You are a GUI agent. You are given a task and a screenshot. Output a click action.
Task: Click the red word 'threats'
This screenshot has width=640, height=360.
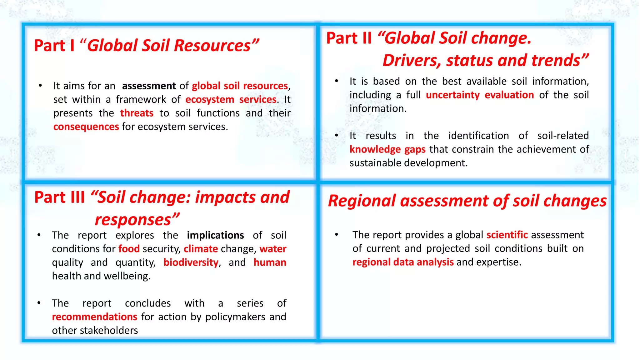[x=137, y=113]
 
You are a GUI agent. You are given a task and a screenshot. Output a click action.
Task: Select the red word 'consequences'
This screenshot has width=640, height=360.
[x=86, y=127]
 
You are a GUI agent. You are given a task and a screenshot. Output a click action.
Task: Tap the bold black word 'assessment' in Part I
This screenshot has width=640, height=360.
[x=149, y=86]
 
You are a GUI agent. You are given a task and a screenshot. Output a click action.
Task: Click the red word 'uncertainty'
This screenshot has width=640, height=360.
[x=452, y=95]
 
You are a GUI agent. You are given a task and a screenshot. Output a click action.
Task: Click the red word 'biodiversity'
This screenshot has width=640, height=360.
[x=191, y=262]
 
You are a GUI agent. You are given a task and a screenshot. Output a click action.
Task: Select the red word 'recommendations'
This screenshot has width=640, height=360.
[x=94, y=317]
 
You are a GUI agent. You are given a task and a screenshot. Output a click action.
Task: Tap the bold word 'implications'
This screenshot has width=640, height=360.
[x=215, y=235]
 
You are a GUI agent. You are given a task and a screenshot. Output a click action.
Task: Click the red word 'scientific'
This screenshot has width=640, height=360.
[x=507, y=235]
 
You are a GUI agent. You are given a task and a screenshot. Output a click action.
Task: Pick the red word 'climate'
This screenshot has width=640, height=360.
[x=201, y=249]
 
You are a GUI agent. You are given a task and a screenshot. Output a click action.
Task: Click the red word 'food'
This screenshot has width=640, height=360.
[x=129, y=249]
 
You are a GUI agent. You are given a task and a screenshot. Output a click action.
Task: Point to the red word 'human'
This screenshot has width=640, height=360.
[x=270, y=262]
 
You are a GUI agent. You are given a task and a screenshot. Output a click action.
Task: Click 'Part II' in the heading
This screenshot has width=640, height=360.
[x=349, y=38]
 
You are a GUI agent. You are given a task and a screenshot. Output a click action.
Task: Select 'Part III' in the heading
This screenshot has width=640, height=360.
[x=59, y=197]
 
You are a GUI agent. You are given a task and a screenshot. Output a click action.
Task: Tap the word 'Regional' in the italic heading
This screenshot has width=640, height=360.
[x=362, y=201]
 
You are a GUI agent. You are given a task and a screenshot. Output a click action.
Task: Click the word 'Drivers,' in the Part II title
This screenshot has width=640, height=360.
[x=412, y=60]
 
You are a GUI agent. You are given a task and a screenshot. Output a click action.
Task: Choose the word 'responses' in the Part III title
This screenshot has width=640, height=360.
[x=133, y=220]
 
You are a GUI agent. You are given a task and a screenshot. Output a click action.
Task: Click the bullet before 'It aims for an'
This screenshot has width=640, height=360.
[x=40, y=86]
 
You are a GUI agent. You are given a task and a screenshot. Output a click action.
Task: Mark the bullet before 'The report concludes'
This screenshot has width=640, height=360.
[x=39, y=303]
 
